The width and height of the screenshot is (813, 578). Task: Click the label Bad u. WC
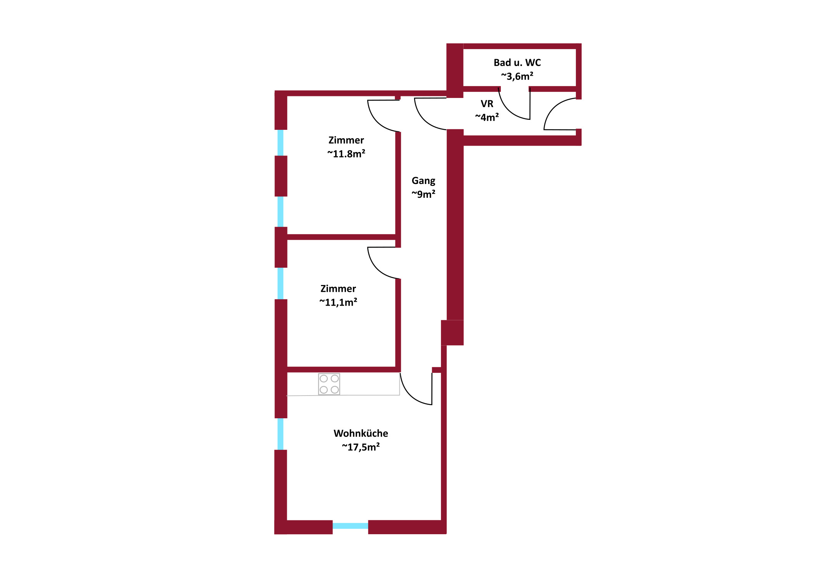(x=517, y=63)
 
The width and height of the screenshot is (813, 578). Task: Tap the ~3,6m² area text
(x=517, y=76)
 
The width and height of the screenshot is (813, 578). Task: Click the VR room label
(x=487, y=104)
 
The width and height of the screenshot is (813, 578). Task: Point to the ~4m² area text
(x=487, y=117)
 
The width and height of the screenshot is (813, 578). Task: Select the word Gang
(x=424, y=181)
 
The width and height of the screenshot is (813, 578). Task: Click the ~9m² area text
(x=424, y=194)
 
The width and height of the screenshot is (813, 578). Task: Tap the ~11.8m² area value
(x=346, y=154)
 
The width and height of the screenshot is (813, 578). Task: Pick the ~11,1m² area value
(x=338, y=302)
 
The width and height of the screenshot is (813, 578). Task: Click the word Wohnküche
(x=361, y=433)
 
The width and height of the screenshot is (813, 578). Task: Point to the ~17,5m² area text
(x=361, y=447)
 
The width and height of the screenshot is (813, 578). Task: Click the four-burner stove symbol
(x=329, y=384)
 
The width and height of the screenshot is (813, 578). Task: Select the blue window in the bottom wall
(x=350, y=526)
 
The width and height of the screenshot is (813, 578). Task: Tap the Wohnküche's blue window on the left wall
(x=281, y=434)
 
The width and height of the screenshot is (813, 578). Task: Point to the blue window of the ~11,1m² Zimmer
(x=281, y=283)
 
